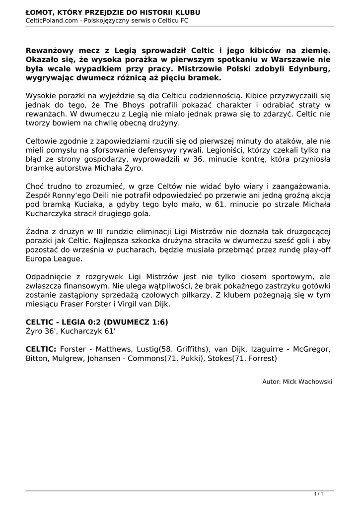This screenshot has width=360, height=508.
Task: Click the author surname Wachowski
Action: click(314, 381)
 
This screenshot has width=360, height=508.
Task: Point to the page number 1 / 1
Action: click(319, 494)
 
